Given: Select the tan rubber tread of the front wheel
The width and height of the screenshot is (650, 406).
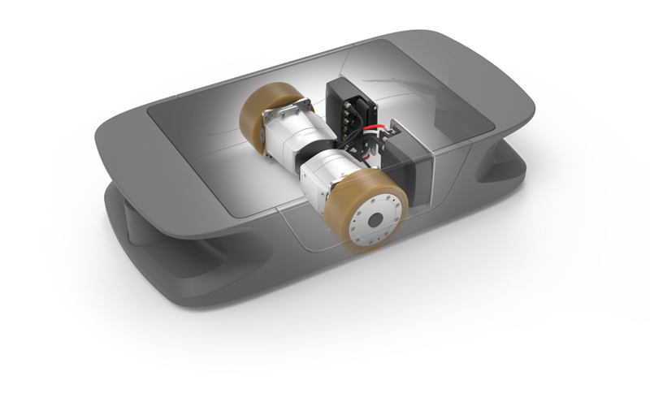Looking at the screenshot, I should (345, 199).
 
